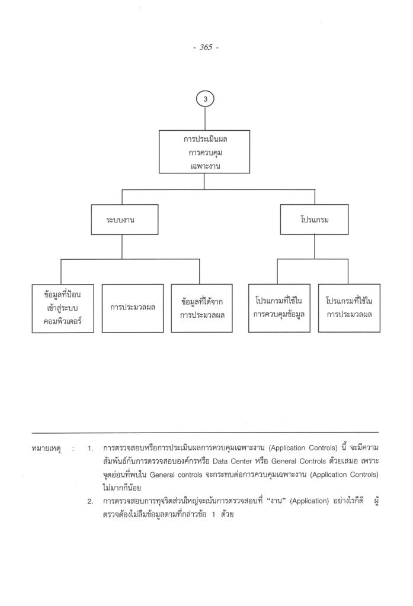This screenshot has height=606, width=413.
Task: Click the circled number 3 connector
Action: click(205, 99)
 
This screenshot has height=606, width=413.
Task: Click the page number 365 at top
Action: click(205, 47)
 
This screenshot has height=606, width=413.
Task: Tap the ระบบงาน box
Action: click(122, 218)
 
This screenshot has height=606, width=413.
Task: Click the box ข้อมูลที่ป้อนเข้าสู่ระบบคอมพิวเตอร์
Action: click(63, 307)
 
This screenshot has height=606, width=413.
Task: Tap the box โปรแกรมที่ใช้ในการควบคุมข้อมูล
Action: click(279, 307)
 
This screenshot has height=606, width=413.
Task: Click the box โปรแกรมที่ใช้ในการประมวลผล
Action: click(349, 307)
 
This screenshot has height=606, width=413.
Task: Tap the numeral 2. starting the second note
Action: click(91, 502)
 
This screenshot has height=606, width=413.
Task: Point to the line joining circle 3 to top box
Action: click(205, 119)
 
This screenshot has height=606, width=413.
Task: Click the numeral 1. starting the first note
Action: click(91, 450)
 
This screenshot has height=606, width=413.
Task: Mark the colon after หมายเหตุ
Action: click(73, 450)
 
